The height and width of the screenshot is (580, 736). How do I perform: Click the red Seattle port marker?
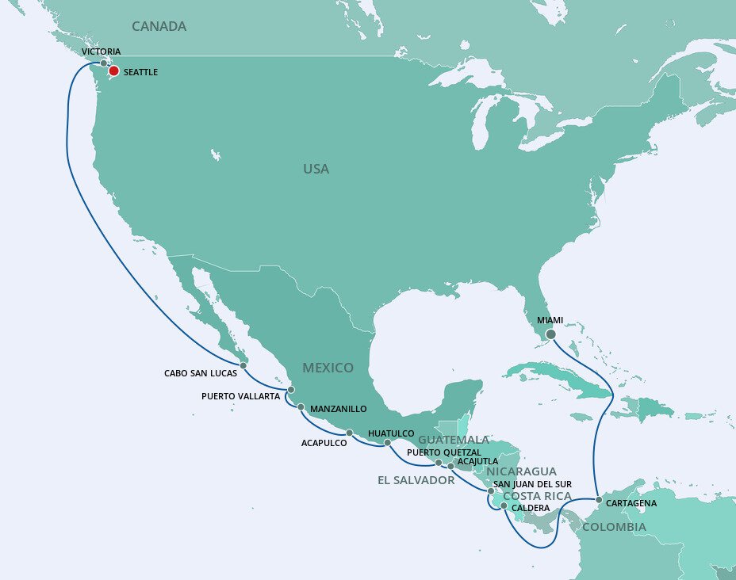114,71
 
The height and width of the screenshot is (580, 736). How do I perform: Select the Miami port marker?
550,334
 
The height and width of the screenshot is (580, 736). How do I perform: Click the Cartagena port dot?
598,500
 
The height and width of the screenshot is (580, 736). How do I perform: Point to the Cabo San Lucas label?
201,372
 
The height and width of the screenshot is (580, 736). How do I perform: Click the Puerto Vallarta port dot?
291,390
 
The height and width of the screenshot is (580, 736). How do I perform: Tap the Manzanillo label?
338,409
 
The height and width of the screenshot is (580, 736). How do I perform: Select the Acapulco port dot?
349,433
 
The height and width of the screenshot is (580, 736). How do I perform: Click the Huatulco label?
392,433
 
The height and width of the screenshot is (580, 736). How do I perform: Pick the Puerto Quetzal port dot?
439,462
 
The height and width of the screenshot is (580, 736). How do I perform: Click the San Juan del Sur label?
532,483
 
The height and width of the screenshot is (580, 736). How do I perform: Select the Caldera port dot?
504,505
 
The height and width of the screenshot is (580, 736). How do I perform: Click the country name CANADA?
159,27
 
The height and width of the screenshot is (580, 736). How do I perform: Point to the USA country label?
316,169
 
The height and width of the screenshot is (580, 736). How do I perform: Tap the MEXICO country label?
328,368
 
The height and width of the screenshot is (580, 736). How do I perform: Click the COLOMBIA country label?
614,527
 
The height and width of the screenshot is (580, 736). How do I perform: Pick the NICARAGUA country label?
521,471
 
